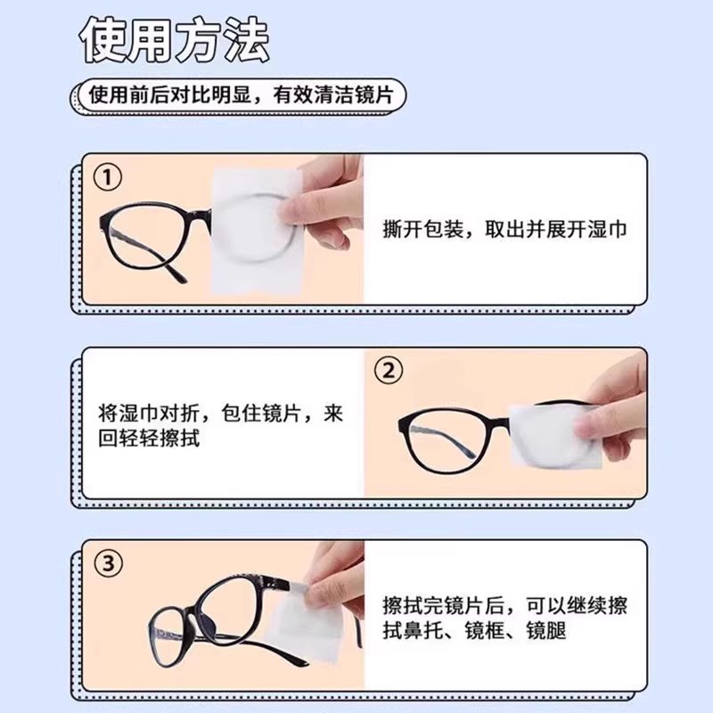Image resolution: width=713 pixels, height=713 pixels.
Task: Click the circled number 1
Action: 109,178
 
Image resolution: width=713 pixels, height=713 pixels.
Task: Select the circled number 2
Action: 389,370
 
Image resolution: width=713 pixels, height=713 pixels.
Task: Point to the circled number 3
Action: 109,562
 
